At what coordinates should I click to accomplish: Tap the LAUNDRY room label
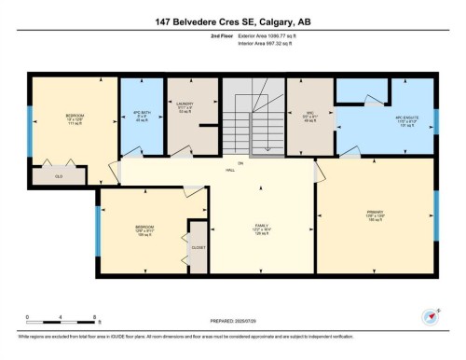pos(184,107)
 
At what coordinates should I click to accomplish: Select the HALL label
pos(240,168)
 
